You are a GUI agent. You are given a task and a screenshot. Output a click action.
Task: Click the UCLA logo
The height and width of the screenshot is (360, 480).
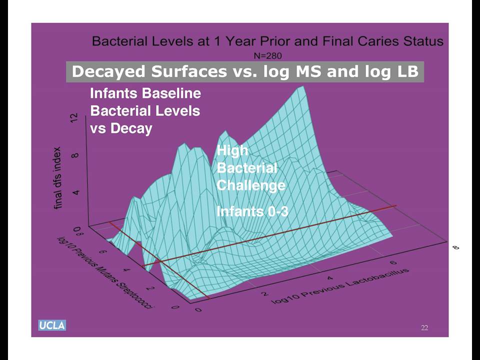[x=52, y=325]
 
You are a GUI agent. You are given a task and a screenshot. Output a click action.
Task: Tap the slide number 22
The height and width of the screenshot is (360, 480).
[x=424, y=327]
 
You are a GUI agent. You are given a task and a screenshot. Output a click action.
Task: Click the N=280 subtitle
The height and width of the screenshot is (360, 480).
[x=268, y=55]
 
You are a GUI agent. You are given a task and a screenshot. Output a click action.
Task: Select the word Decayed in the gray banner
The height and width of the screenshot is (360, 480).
[x=108, y=71]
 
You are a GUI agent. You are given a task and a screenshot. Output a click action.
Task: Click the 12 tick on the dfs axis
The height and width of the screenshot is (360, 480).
[x=74, y=118]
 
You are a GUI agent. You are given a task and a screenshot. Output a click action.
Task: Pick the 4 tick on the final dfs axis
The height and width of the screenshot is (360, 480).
[x=76, y=192]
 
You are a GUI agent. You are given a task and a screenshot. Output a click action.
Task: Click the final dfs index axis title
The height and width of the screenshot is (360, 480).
[x=57, y=178]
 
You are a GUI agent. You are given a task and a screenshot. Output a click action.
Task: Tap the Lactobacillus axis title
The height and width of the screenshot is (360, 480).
[x=340, y=286]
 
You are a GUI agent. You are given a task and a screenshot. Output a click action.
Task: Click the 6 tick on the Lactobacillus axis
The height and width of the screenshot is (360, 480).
[x=393, y=262]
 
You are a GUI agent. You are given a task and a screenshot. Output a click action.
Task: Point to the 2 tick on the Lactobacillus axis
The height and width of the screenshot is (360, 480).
[x=264, y=293]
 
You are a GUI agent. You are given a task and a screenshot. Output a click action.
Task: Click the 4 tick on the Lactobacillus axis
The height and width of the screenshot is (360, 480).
[x=329, y=278]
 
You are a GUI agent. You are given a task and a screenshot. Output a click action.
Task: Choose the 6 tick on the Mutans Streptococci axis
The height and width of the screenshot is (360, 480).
[x=101, y=251]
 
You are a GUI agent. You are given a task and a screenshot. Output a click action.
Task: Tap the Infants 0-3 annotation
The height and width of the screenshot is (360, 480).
[x=252, y=211]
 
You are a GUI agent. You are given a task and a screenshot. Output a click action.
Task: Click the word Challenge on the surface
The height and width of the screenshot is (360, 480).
[x=251, y=185]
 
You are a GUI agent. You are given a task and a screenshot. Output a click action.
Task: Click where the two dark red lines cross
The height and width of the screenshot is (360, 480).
[x=160, y=261]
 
